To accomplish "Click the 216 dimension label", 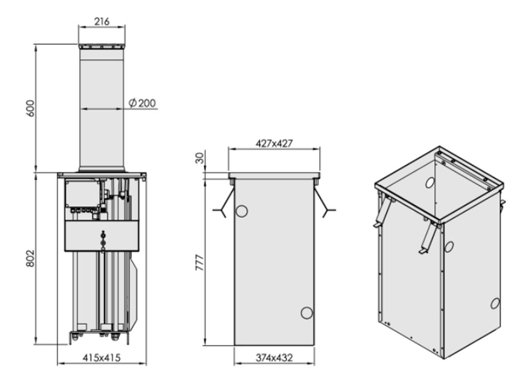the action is click(x=102, y=22).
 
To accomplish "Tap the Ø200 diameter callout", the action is click(x=142, y=103).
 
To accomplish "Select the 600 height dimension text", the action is click(x=31, y=108).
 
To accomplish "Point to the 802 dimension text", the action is click(x=31, y=258).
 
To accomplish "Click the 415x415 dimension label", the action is click(x=101, y=358).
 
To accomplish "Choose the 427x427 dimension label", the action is click(x=274, y=143).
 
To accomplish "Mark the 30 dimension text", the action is click(x=200, y=158).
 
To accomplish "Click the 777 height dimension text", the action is click(x=200, y=263).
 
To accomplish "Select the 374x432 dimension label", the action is click(x=274, y=358).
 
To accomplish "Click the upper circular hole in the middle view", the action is click(x=242, y=211).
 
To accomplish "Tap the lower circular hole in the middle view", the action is click(x=307, y=313).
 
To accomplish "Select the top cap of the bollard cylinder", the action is click(x=102, y=46).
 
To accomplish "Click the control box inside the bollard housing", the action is click(x=83, y=193).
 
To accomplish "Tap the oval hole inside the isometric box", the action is click(x=430, y=183).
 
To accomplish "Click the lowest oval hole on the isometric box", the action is click(x=495, y=304).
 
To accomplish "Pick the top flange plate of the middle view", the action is click(x=274, y=176).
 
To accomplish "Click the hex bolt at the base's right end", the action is click(x=115, y=337).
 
